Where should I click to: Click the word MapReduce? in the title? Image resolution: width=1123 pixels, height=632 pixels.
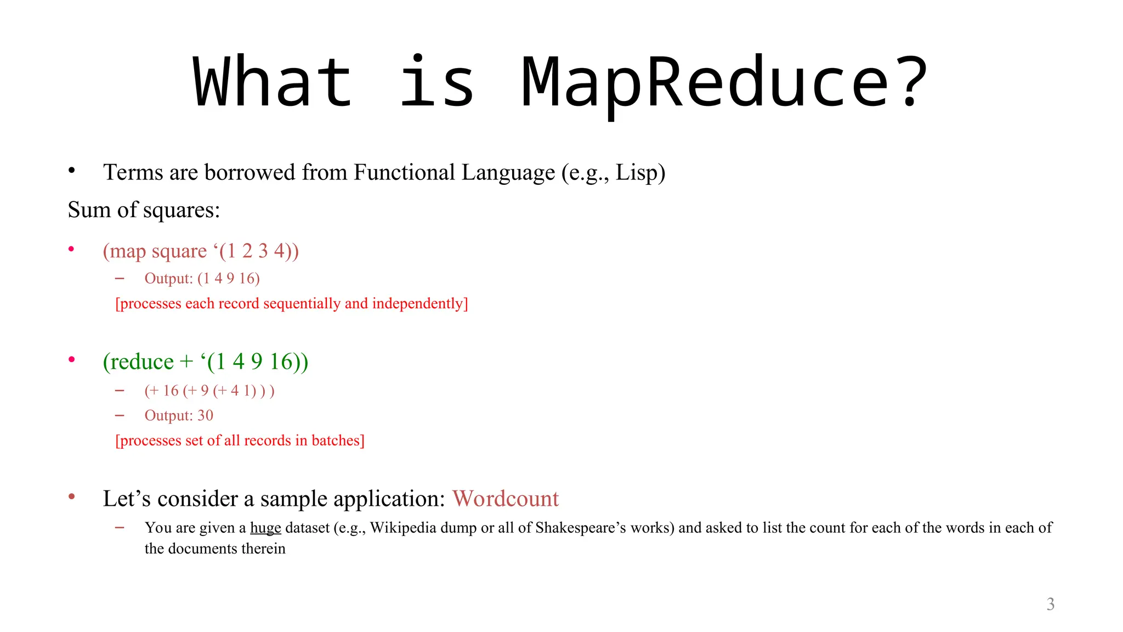click(724, 82)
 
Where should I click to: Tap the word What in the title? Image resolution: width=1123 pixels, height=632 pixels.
click(273, 82)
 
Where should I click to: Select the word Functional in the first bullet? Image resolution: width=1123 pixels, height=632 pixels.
click(404, 172)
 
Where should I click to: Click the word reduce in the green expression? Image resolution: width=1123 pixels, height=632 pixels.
click(141, 362)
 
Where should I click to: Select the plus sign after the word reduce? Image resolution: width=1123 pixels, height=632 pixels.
click(186, 362)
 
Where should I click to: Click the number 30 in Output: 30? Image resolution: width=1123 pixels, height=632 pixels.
click(205, 415)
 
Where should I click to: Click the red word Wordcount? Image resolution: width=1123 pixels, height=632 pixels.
click(505, 499)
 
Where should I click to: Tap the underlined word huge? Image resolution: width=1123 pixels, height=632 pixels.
click(265, 528)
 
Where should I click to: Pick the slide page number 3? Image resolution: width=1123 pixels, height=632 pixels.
click(1050, 604)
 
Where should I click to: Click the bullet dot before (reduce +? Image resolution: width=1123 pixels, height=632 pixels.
click(71, 360)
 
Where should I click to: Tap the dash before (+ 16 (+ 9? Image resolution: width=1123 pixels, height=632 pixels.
click(120, 391)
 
